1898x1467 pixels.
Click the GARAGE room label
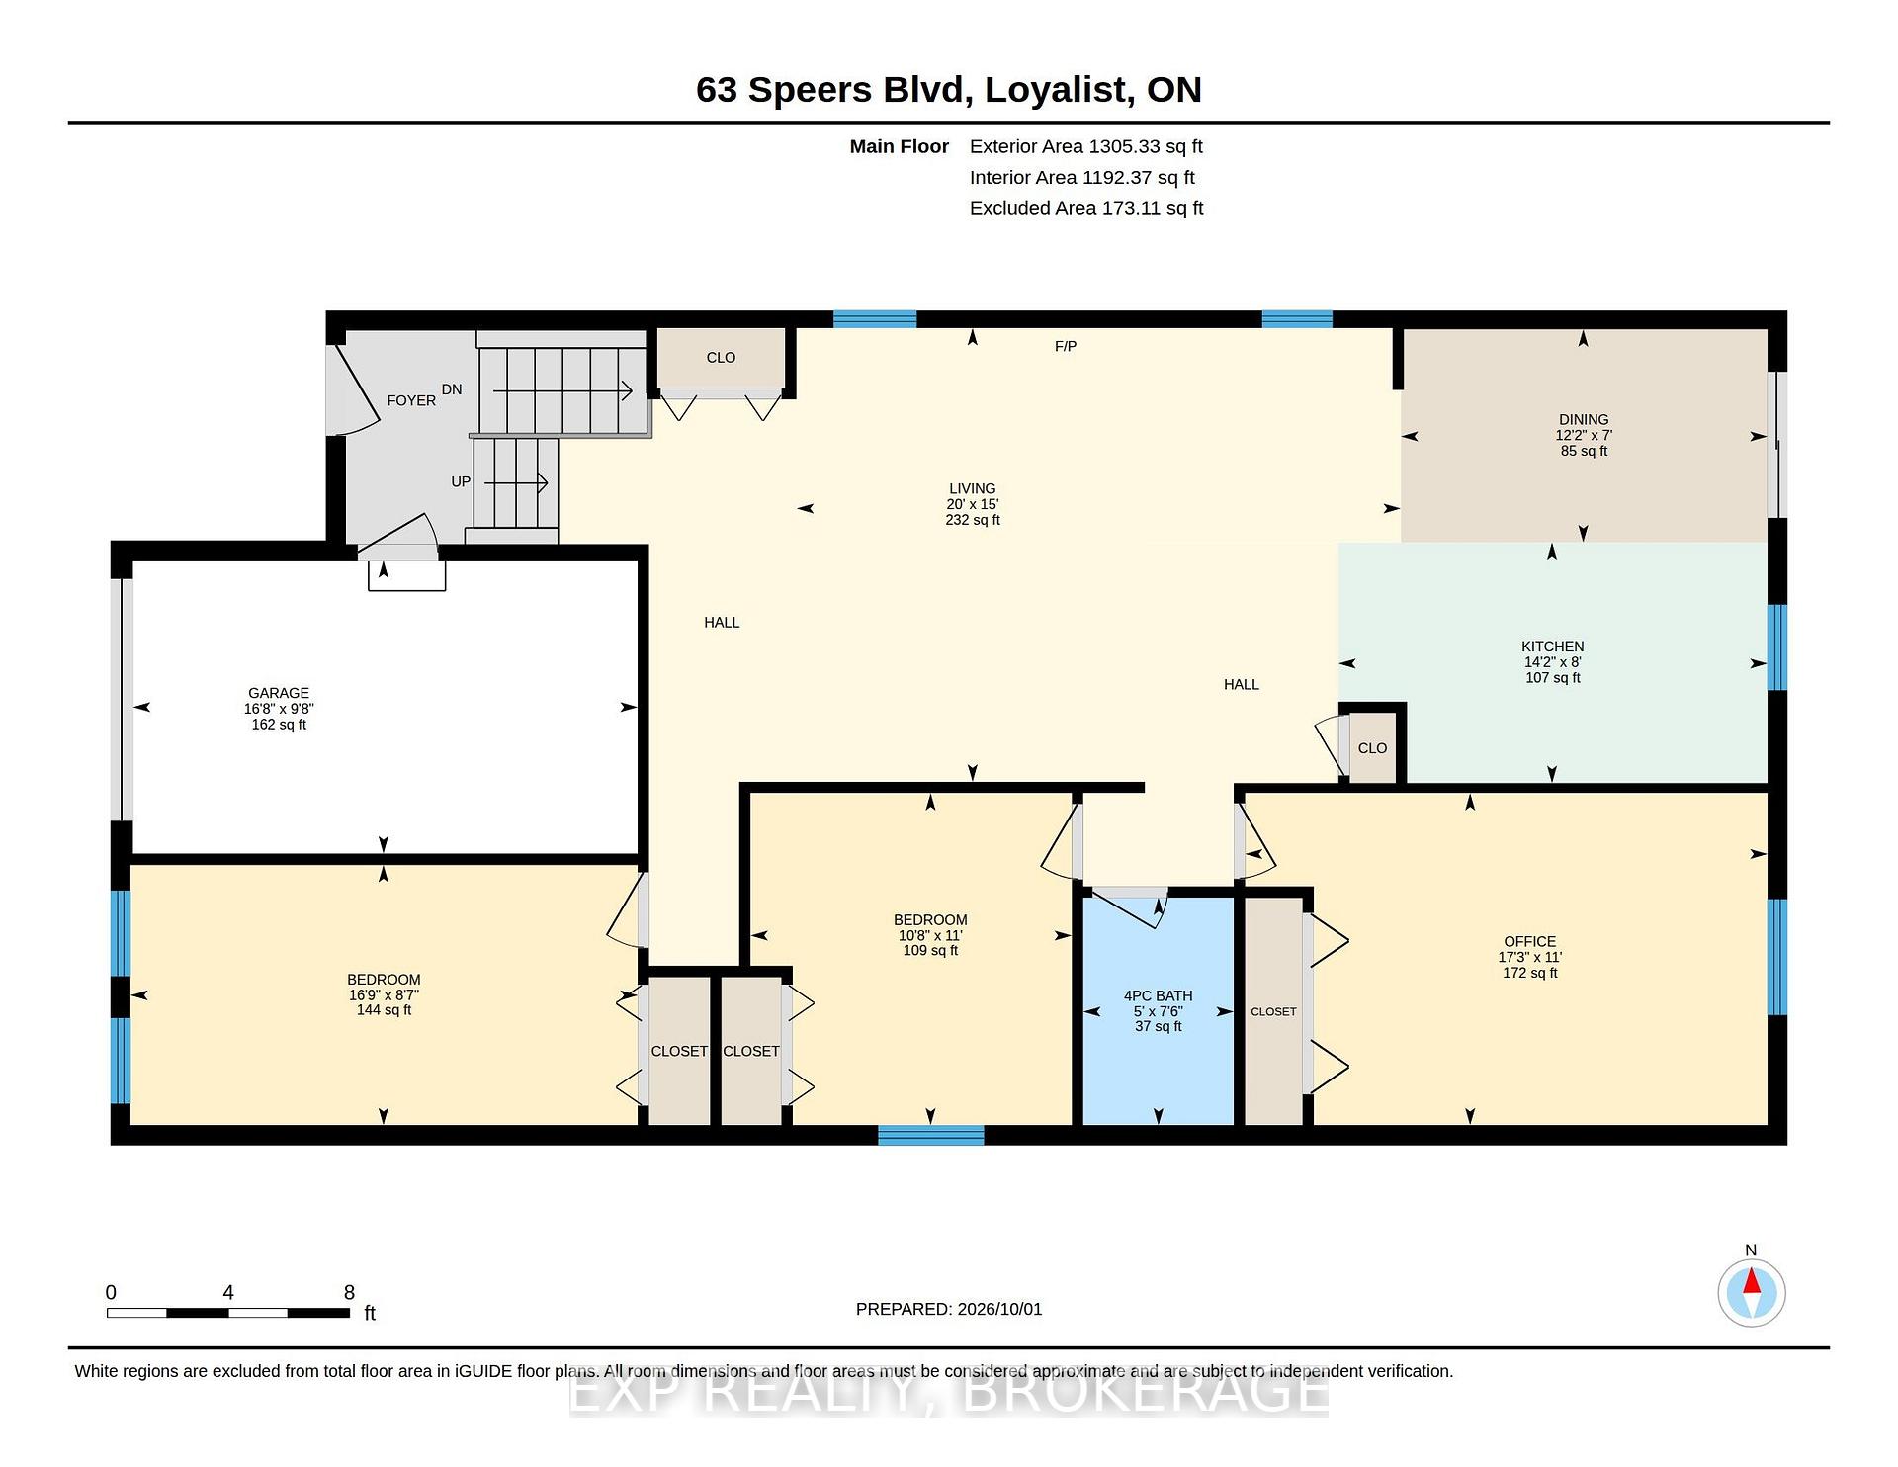click(279, 693)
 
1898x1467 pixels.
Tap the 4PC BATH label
click(1158, 995)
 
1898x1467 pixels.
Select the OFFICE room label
click(1529, 941)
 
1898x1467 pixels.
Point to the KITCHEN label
click(1552, 647)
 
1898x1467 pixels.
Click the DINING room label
click(1584, 419)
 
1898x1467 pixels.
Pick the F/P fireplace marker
click(1066, 346)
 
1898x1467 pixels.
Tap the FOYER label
click(411, 400)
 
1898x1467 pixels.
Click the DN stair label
click(452, 389)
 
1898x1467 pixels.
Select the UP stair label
click(461, 481)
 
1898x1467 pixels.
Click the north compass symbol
click(1751, 1292)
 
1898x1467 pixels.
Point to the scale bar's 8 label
click(349, 1292)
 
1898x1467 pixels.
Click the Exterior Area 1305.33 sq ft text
click(1085, 146)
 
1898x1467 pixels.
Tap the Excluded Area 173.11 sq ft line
click(1085, 208)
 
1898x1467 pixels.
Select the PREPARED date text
click(949, 1309)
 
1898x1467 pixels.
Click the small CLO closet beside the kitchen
click(1372, 748)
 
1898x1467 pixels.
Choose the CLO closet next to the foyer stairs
click(721, 358)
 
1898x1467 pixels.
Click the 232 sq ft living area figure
click(973, 520)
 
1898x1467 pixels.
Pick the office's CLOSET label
click(1273, 1011)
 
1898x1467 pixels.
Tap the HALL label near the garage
click(722, 622)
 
